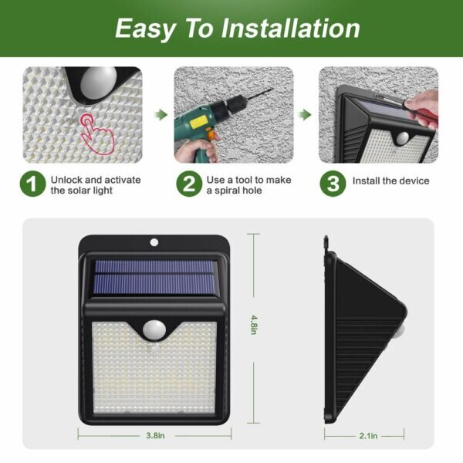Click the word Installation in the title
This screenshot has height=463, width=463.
click(291, 29)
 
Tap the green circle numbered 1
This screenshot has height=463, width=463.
click(32, 184)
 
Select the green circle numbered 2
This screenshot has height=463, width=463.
click(189, 184)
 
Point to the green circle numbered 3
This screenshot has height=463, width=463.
click(333, 184)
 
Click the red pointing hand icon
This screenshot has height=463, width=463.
click(96, 133)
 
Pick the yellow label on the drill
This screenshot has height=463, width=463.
click(198, 122)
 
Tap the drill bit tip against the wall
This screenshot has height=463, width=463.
click(272, 90)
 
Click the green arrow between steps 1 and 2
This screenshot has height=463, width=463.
click(161, 114)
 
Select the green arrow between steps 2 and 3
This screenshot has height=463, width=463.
click(305, 114)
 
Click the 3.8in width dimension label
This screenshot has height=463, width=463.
click(155, 435)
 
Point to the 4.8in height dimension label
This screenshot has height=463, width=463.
click(253, 325)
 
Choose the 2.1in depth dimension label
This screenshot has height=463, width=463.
click(368, 436)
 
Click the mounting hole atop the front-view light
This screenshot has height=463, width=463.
click(154, 243)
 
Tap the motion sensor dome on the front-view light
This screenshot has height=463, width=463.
click(154, 330)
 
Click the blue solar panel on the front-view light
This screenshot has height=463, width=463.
click(155, 278)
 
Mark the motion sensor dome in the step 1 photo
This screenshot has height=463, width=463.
click(98, 83)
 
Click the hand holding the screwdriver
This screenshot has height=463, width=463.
click(422, 109)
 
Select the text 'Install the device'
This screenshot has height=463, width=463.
click(390, 181)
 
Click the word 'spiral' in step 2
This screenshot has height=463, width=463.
click(226, 191)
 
